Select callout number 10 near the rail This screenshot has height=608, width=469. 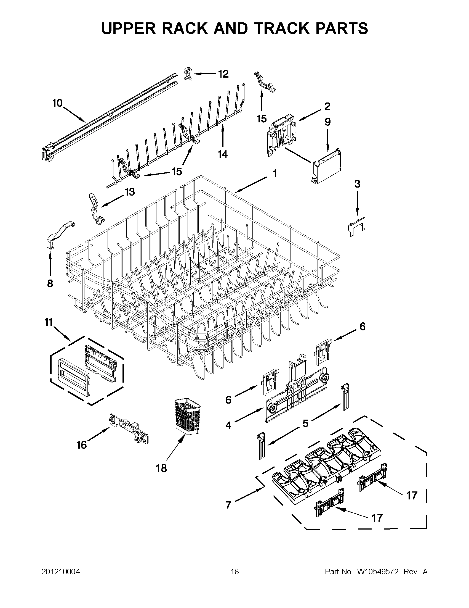[x=58, y=103]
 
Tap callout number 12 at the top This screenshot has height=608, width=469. [x=223, y=74]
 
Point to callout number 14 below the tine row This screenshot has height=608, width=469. [x=223, y=154]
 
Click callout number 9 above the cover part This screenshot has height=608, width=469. [x=327, y=122]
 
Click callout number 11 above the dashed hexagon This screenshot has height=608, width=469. [x=48, y=322]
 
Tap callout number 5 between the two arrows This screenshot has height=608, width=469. [x=305, y=423]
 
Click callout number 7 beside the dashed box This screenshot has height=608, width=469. [x=228, y=505]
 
